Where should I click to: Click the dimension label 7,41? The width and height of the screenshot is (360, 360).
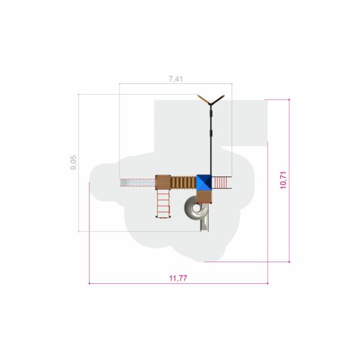tap(176, 79)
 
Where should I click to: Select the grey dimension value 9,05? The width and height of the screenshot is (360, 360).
tap(73, 163)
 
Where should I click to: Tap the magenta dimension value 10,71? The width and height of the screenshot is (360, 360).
tap(283, 180)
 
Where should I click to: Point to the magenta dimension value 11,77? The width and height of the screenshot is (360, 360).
tap(178, 278)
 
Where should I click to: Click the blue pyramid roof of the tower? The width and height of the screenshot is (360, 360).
tap(204, 182)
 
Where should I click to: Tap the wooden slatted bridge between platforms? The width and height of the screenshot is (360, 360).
tap(183, 182)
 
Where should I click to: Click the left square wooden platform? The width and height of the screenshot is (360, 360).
tap(163, 182)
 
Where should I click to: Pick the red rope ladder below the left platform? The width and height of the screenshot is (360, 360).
tap(163, 204)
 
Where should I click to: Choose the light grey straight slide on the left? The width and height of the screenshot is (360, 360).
tap(138, 182)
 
